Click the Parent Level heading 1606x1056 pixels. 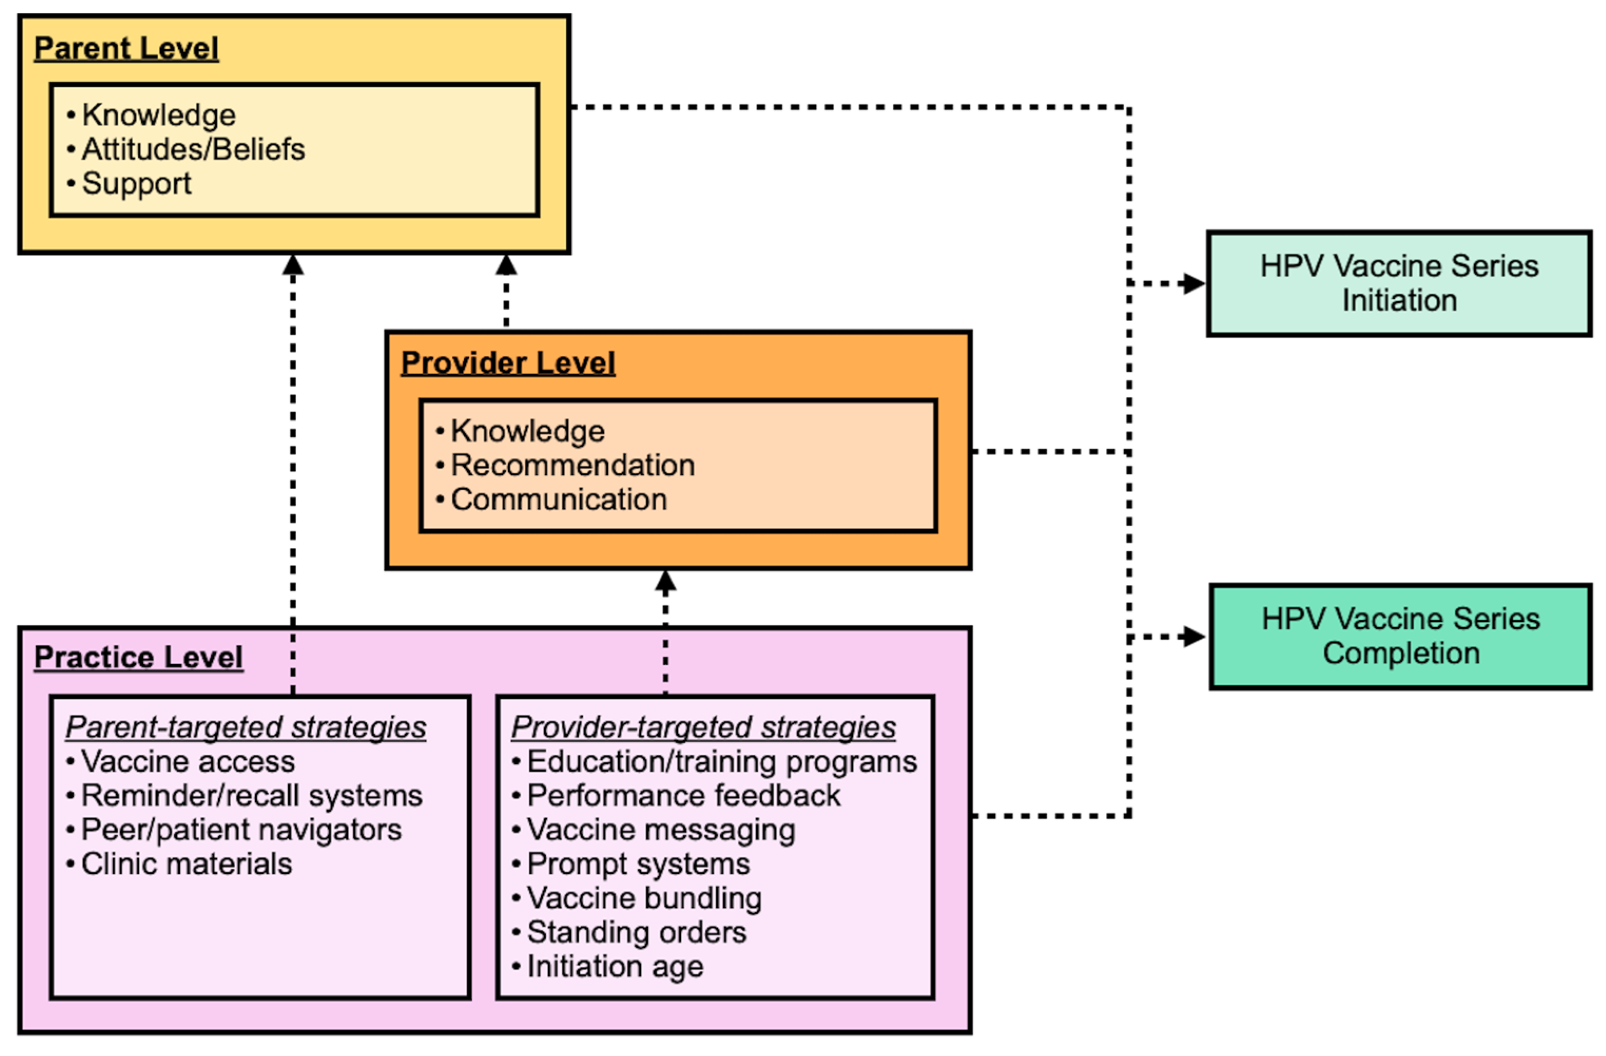[x=126, y=49]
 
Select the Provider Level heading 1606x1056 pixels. [x=508, y=363]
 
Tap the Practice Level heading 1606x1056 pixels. [x=138, y=658]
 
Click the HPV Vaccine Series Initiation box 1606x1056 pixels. [x=1399, y=284]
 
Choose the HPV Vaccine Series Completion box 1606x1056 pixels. [x=1400, y=637]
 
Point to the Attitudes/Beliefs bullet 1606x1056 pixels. [x=193, y=149]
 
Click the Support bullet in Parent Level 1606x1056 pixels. [x=137, y=184]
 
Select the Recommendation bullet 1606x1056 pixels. [x=572, y=465]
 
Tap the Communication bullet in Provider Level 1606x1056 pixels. [x=559, y=500]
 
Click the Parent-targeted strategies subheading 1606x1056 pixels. [x=246, y=727]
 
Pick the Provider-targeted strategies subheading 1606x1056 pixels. [x=703, y=727]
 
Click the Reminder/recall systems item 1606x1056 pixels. [x=252, y=795]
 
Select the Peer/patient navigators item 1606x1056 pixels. [x=241, y=830]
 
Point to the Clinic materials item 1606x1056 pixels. [x=186, y=864]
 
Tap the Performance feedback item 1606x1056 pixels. [x=684, y=795]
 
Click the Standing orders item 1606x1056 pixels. [x=636, y=933]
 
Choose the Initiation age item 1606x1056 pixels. [x=615, y=967]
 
